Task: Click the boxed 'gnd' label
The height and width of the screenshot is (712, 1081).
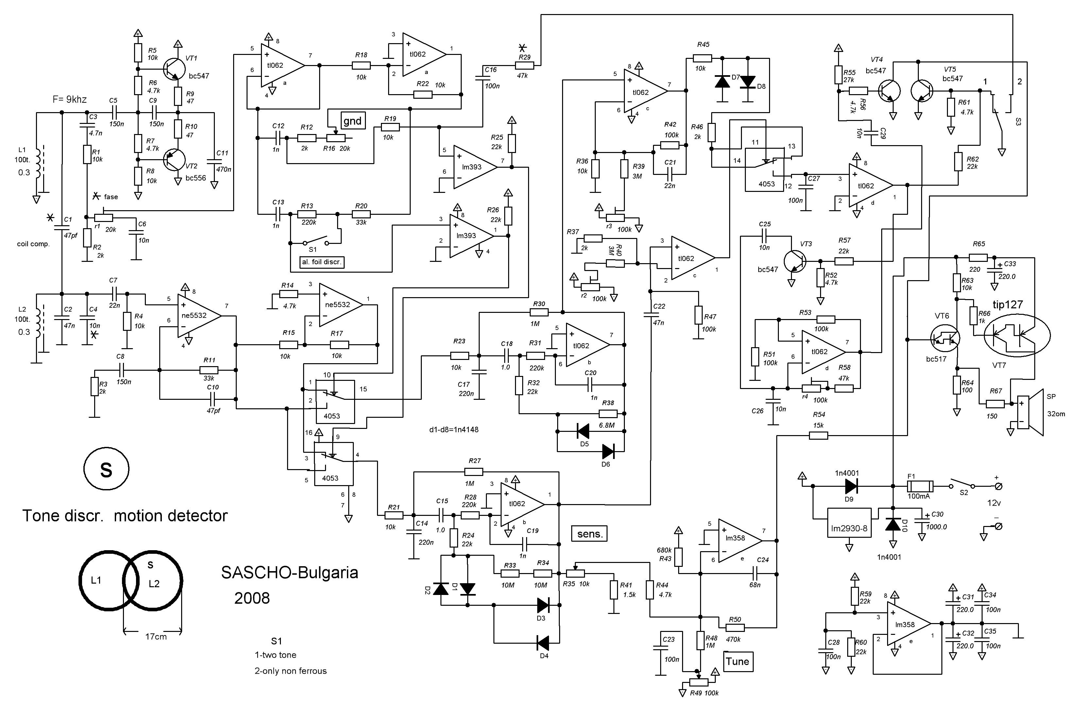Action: tap(352, 121)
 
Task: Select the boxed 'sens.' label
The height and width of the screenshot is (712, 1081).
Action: tap(590, 534)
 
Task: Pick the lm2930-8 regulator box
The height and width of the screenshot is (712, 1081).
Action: tap(849, 523)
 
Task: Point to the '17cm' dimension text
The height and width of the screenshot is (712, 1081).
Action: tap(156, 636)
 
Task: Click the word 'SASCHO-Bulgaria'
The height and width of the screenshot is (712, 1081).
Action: tap(289, 573)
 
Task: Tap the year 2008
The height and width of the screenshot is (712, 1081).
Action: tap(252, 598)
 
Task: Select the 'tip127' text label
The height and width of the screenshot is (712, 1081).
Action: tap(1007, 305)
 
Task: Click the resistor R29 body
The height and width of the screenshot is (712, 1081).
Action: tap(524, 65)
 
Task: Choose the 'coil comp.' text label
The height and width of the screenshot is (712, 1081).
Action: tap(33, 244)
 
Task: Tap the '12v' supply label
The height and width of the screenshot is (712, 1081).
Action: tap(994, 503)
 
